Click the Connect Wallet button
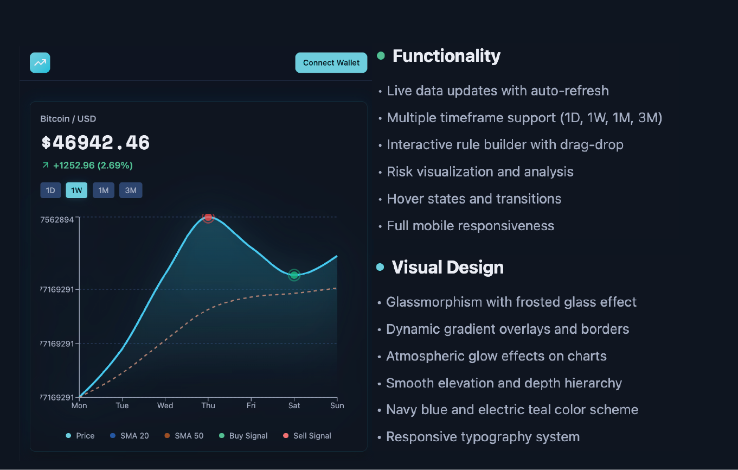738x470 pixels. click(331, 63)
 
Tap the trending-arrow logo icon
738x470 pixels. click(40, 63)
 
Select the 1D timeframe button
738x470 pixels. click(50, 190)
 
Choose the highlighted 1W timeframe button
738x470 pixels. click(76, 190)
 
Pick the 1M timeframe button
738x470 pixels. click(103, 190)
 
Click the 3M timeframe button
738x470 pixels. click(131, 190)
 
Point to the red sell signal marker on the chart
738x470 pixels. click(208, 217)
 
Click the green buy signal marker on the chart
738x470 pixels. click(294, 275)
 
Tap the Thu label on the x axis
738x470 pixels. click(208, 405)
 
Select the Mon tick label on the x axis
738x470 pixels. click(79, 405)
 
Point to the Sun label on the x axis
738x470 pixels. click(337, 405)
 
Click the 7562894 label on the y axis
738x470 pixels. click(57, 220)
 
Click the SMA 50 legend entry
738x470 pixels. click(184, 436)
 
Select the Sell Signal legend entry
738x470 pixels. click(307, 436)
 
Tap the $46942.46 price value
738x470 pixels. click(95, 143)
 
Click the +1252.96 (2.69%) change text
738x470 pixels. click(92, 166)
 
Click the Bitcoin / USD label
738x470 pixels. click(68, 119)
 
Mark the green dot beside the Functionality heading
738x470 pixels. click(381, 55)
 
